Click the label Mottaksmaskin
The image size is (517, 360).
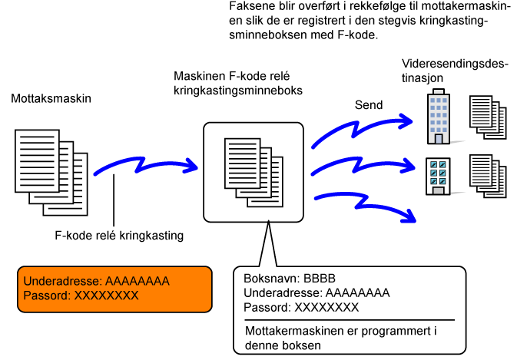coord(51,98)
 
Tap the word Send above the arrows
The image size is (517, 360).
coord(369,105)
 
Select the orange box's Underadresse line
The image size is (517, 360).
coord(96,281)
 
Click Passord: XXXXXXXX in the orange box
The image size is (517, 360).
coord(81,296)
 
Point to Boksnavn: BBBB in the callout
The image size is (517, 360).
coord(290,279)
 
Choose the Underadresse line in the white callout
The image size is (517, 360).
coord(316,292)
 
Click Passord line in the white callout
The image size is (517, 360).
coord(301,307)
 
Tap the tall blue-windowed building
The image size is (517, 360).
coord(439,117)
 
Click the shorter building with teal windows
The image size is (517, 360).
coord(438,177)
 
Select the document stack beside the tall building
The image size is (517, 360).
coord(488,117)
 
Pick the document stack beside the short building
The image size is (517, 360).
coord(488,176)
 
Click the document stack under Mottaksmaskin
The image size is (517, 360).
coord(51,173)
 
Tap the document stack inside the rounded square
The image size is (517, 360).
coord(254,173)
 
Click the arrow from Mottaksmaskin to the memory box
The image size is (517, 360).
coord(142,164)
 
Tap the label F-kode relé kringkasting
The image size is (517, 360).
coord(119,236)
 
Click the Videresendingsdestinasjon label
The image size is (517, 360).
coord(453,71)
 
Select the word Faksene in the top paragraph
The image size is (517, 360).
coord(249,6)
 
